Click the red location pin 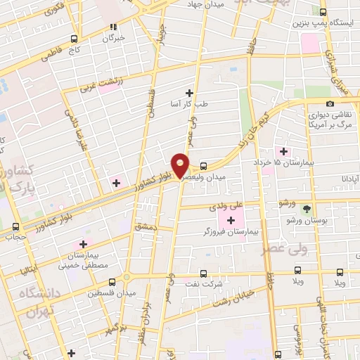(181, 165)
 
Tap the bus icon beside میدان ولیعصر (203, 167)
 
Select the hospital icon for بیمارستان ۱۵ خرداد (284, 151)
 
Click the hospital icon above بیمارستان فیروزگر (231, 221)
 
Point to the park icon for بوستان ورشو (306, 209)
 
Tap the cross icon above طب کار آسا (188, 93)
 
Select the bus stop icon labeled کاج (74, 39)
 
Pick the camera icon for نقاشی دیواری (330, 104)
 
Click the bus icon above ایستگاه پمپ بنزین (323, 12)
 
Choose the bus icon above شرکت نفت (203, 274)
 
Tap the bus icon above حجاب (15, 226)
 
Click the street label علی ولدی (226, 207)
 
